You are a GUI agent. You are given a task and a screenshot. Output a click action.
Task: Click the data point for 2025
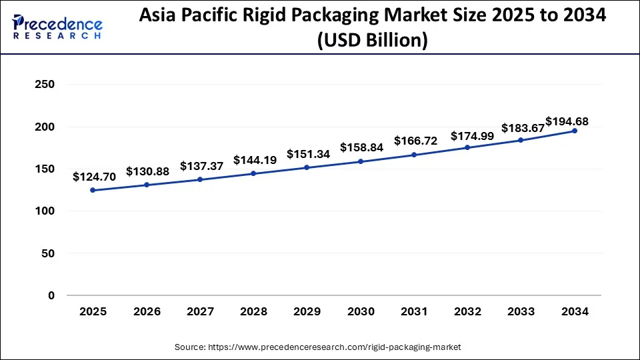(x=92, y=190)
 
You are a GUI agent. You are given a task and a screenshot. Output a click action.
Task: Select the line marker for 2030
(x=360, y=161)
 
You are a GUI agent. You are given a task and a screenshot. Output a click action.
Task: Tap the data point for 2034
(x=575, y=131)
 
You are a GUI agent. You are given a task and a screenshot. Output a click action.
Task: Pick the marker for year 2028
(x=253, y=173)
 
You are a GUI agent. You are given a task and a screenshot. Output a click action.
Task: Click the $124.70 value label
(x=94, y=177)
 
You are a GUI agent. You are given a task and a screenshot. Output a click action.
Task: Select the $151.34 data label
(x=308, y=154)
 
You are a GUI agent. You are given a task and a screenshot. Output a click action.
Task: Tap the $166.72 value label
(x=415, y=141)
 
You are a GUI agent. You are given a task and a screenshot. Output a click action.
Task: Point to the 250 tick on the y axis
(x=45, y=85)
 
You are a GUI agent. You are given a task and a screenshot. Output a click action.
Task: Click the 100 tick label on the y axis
(x=45, y=211)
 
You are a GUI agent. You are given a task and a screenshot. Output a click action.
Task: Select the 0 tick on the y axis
(x=51, y=295)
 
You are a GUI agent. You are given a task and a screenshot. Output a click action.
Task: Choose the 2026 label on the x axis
(x=146, y=311)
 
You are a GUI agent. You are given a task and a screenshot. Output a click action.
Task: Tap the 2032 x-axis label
(x=467, y=311)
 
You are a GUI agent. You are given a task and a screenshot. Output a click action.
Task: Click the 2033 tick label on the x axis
(x=521, y=311)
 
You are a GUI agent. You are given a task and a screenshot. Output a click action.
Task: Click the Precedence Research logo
(x=57, y=27)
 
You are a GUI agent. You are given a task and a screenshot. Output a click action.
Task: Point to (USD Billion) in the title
(x=373, y=40)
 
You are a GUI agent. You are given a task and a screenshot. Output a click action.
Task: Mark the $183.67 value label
(x=523, y=127)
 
